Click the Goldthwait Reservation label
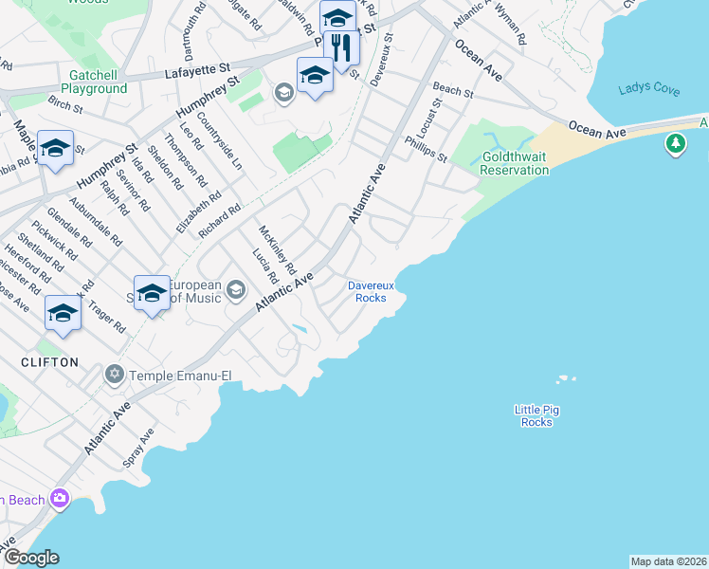click(515, 163)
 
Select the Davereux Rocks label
click(367, 291)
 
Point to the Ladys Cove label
click(648, 89)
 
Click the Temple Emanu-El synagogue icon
click(115, 376)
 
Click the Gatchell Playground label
click(84, 82)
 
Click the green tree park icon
click(675, 144)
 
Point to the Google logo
click(30, 558)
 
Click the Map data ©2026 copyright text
click(669, 561)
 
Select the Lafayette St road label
click(198, 69)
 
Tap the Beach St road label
click(453, 90)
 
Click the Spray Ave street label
click(137, 448)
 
